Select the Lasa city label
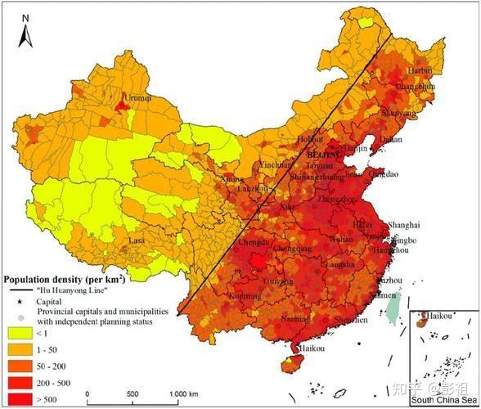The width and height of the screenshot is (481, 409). point(136,241)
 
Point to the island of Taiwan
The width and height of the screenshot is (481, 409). point(393,307)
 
